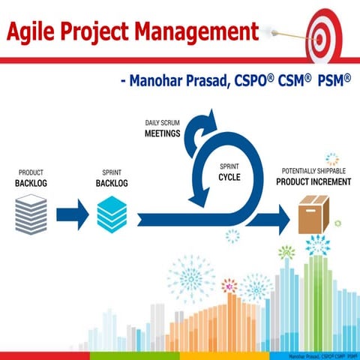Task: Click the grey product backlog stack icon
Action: pos(31,214)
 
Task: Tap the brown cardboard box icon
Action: pos(313,214)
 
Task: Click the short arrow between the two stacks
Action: pos(73,214)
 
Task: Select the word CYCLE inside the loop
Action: pos(229,178)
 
